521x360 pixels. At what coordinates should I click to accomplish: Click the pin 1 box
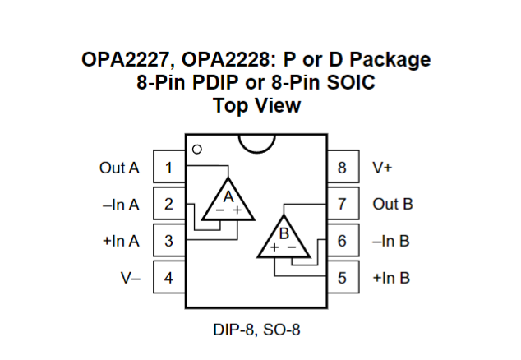[x=168, y=168]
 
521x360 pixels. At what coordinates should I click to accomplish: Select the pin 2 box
[x=168, y=205]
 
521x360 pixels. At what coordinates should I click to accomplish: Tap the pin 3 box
[x=168, y=241]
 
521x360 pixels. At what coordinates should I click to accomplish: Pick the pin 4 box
[x=168, y=277]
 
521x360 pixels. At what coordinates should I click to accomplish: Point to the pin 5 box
[x=343, y=277]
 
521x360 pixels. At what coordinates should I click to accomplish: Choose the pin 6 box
[x=343, y=241]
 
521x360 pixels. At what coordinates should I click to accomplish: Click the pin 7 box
[x=343, y=205]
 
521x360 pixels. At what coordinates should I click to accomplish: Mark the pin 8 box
[x=343, y=168]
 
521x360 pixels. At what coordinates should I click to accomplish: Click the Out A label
[x=120, y=168]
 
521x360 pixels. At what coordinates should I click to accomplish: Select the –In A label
[x=120, y=205]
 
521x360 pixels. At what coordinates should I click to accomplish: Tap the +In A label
[x=120, y=241]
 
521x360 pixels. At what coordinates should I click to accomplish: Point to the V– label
[x=131, y=277]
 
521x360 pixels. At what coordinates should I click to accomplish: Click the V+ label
[x=383, y=168]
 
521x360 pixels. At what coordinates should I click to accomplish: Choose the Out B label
[x=392, y=205]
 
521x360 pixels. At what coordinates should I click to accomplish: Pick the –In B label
[x=391, y=241]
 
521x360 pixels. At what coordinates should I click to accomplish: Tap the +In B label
[x=391, y=277]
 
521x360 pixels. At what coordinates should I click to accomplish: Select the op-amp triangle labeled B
[x=283, y=239]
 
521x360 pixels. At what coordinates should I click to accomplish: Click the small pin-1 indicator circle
[x=196, y=150]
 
